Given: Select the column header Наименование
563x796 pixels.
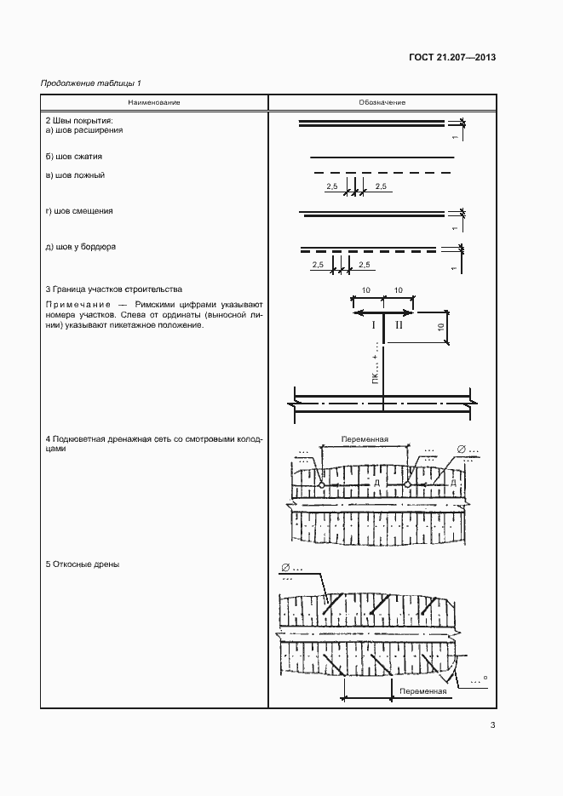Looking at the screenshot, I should (x=154, y=102).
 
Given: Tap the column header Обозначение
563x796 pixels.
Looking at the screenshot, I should (x=382, y=102).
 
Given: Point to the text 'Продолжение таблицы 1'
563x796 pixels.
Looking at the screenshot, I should (x=92, y=83).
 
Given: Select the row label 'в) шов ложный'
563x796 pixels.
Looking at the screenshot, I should (x=76, y=175).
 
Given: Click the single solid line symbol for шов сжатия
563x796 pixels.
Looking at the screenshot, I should (x=382, y=157).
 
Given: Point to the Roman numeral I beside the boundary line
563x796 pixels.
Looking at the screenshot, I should (x=372, y=325).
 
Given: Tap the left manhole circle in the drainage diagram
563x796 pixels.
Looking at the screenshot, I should (x=322, y=484).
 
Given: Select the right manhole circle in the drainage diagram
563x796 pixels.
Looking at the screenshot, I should (x=408, y=484).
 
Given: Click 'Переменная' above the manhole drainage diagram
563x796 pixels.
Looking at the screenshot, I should (x=365, y=440).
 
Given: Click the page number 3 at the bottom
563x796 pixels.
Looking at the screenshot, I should (x=492, y=725).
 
